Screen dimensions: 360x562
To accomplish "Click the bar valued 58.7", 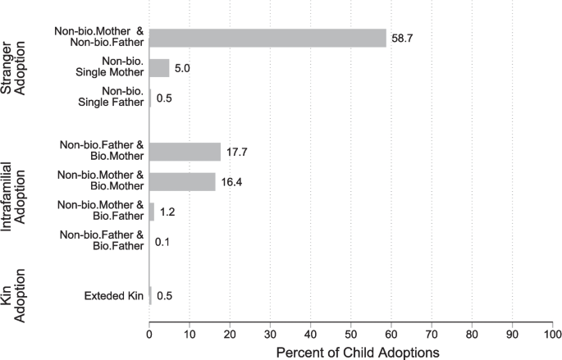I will [267, 38].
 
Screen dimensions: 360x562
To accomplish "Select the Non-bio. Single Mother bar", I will [159, 68].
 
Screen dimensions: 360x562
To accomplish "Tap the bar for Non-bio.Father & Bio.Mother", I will [185, 152].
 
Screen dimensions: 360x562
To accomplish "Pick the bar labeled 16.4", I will [182, 182].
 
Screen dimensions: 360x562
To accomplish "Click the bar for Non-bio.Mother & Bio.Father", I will [152, 212].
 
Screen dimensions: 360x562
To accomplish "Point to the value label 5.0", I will [182, 68].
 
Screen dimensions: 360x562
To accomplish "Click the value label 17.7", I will [238, 152].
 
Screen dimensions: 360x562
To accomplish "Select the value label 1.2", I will [167, 212].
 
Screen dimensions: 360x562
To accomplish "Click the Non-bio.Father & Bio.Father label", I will [103, 242].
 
